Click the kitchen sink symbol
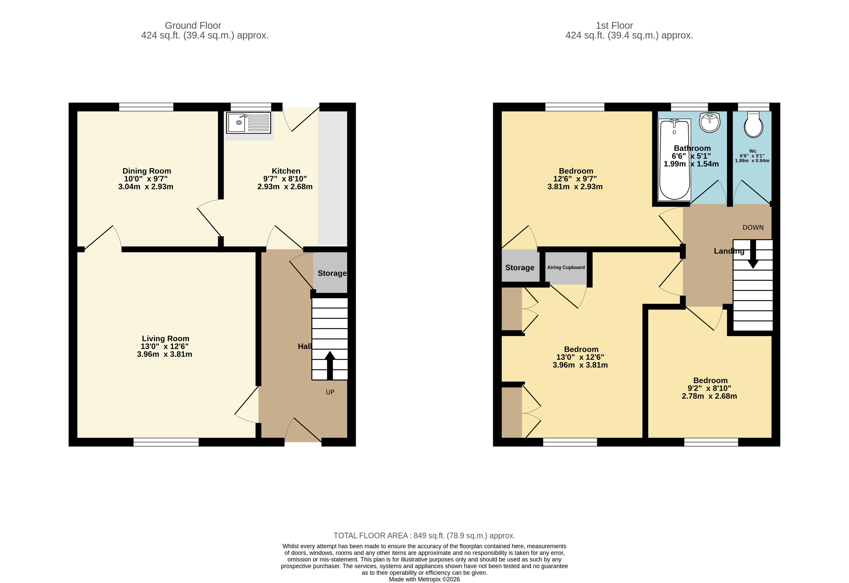point(248,123)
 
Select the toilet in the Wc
point(753,125)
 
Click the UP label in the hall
point(330,392)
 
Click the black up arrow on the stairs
point(330,365)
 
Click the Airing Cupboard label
point(566,267)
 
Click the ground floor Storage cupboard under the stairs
point(331,273)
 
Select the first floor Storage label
point(520,268)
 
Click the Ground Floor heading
point(193,26)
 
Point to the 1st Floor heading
point(614,26)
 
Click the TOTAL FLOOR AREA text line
point(424,536)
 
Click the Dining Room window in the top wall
point(146,107)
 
